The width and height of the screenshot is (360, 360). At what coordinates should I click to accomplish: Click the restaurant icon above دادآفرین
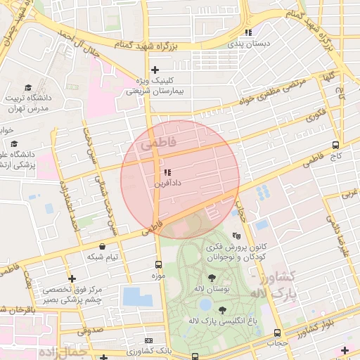[x=167, y=172]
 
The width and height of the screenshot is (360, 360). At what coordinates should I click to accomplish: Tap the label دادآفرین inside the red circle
[x=167, y=183]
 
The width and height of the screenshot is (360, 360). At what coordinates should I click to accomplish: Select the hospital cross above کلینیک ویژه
[x=155, y=70]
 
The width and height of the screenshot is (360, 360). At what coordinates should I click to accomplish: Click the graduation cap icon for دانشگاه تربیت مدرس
[x=28, y=88]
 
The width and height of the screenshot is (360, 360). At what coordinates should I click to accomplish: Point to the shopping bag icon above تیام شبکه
[x=104, y=247]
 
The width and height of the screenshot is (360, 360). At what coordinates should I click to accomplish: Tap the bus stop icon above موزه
[x=158, y=265]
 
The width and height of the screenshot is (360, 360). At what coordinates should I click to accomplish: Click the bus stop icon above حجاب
[x=278, y=333]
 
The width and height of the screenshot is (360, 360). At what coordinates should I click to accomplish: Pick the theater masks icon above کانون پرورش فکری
[x=236, y=236]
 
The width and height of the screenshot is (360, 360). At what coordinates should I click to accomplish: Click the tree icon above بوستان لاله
[x=212, y=278]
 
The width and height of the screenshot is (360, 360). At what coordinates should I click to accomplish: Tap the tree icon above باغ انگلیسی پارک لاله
[x=223, y=309]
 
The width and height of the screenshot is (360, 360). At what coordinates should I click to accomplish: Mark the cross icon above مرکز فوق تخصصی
[x=72, y=279]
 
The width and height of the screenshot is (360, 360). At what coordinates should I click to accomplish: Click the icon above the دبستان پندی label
[x=247, y=32]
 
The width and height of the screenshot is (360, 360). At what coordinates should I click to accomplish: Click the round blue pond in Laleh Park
[x=205, y=304]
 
